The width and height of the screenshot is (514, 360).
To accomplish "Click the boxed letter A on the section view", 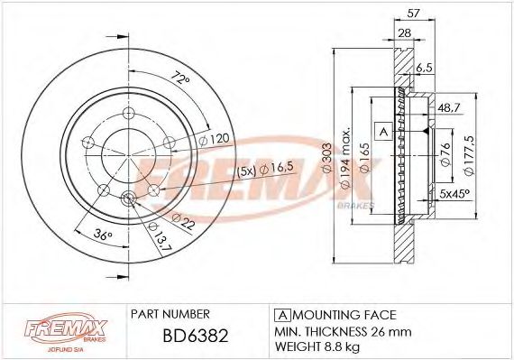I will pyautogui.click(x=382, y=132).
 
